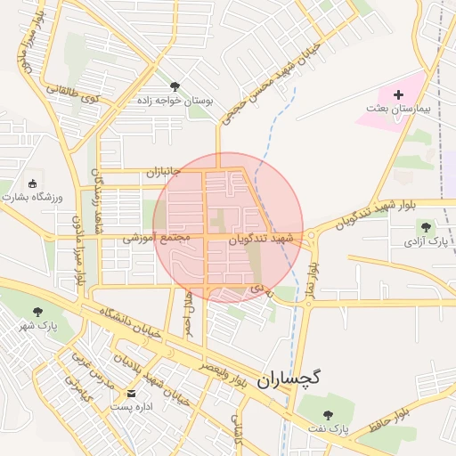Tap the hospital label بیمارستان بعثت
click(398, 108)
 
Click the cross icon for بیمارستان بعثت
click(398, 94)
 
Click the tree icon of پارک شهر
click(37, 311)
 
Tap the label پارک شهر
click(37, 325)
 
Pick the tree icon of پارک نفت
click(328, 415)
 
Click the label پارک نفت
click(328, 429)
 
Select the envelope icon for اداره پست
click(132, 393)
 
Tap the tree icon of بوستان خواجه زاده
click(175, 86)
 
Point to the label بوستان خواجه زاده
click(175, 101)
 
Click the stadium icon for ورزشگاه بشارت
click(35, 183)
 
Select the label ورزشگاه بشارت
click(35, 197)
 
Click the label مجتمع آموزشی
click(156, 238)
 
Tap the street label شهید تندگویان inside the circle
click(261, 239)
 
